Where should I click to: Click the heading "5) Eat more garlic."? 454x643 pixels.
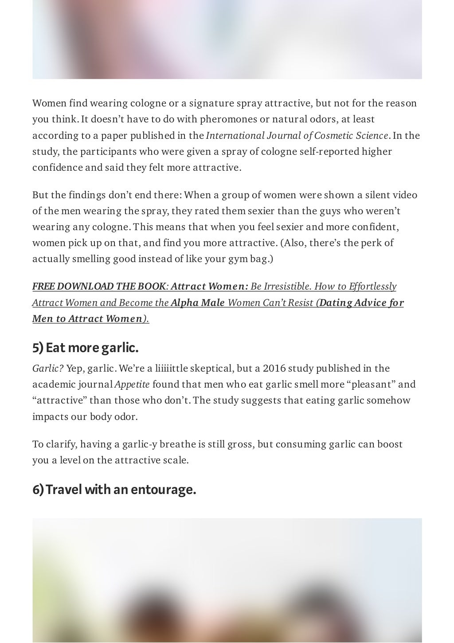[x=86, y=348]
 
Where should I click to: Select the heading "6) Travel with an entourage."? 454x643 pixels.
[x=114, y=490]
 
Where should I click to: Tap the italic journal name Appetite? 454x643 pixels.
[x=132, y=384]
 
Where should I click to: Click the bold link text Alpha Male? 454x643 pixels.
[x=198, y=303]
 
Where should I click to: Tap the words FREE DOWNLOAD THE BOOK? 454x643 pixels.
[x=99, y=286]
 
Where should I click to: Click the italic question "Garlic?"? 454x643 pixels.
[x=48, y=369]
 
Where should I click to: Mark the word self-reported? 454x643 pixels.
[x=330, y=152]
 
